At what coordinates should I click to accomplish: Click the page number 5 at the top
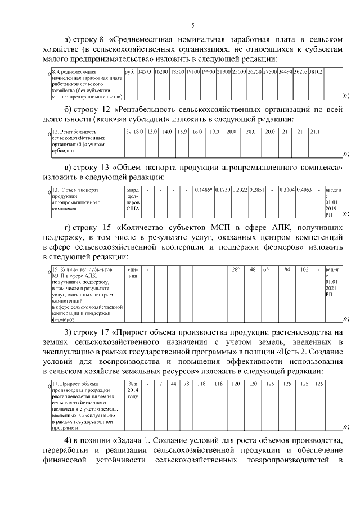tap(192, 25)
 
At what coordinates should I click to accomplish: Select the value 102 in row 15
tap(304, 269)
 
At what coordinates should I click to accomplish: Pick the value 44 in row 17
tap(174, 384)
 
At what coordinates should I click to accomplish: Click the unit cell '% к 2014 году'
tap(133, 389)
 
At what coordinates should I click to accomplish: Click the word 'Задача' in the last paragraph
tap(138, 439)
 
